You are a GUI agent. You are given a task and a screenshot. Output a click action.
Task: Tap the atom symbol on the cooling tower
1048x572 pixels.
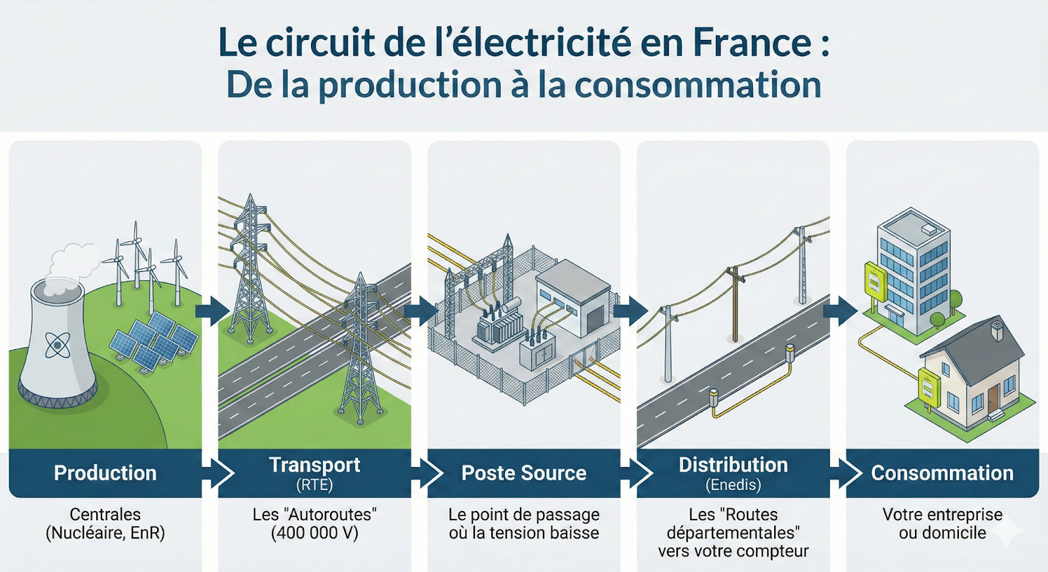[58, 345]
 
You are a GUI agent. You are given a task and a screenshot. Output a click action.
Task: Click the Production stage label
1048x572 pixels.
[105, 473]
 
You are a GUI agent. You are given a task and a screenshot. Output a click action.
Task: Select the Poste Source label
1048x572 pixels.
[523, 473]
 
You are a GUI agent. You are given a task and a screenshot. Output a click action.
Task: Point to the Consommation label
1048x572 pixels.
[942, 473]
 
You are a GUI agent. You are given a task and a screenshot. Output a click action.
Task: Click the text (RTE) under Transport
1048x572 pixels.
[314, 486]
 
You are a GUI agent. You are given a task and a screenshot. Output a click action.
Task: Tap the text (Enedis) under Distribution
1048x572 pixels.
[733, 486]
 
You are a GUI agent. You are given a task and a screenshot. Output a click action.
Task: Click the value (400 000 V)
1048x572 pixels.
[314, 533]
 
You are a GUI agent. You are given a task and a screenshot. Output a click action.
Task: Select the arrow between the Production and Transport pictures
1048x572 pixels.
[211, 310]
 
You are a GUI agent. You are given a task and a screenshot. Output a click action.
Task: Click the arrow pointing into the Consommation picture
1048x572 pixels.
[839, 310]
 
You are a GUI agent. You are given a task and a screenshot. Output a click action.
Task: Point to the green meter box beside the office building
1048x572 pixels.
[874, 281]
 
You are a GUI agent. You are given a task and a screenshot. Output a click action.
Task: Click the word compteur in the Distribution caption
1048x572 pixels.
[777, 551]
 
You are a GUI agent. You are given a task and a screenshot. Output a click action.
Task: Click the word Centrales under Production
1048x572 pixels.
[105, 514]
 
